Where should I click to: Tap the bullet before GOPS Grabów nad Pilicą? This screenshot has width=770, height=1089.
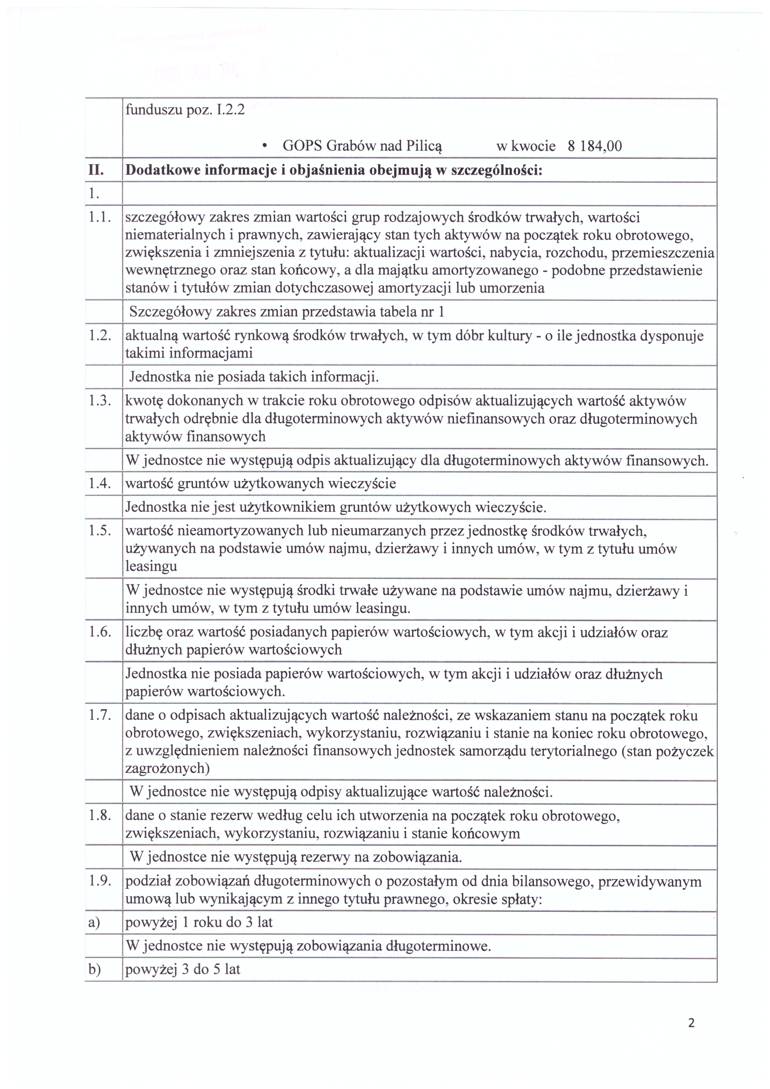pos(264,146)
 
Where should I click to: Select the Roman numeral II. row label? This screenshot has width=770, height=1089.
pos(97,170)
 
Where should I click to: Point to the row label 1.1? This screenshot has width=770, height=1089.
pos(100,218)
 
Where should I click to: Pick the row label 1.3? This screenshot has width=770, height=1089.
pos(100,401)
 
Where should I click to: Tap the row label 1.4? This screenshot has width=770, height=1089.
pos(100,483)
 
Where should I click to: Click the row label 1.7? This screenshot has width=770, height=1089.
pos(100,715)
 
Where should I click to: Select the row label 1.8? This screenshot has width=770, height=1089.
pos(100,816)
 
